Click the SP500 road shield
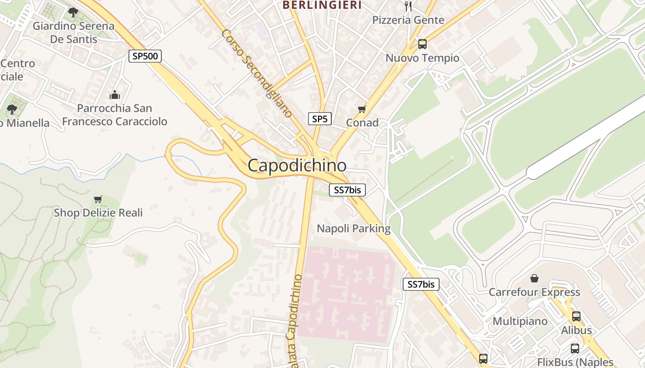click(145, 57)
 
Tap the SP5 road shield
click(320, 119)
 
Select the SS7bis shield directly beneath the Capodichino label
click(347, 190)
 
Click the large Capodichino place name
click(297, 166)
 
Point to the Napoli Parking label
click(353, 229)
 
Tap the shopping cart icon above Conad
click(362, 109)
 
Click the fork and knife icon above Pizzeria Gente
click(408, 6)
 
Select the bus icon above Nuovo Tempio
click(422, 44)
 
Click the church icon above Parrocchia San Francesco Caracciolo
click(114, 95)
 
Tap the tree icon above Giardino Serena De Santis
click(73, 12)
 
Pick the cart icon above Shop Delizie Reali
click(98, 200)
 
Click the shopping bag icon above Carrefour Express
click(534, 278)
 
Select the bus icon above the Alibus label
click(576, 316)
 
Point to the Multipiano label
click(520, 321)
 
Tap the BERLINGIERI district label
click(322, 5)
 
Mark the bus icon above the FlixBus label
click(575, 349)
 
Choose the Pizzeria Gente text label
click(408, 20)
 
